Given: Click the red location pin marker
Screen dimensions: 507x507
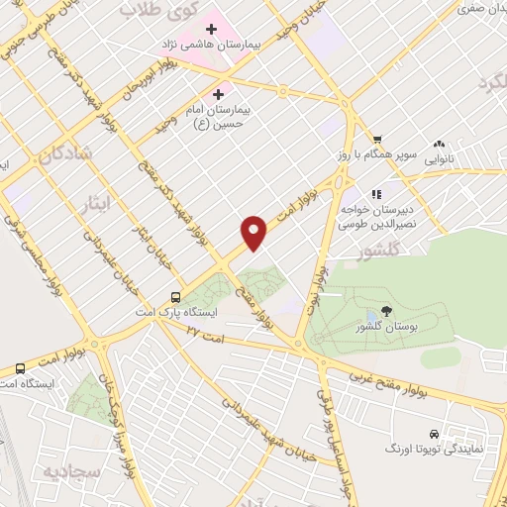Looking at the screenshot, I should pyautogui.click(x=255, y=231).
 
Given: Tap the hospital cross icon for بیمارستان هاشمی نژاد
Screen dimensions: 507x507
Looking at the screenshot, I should pyautogui.click(x=212, y=29).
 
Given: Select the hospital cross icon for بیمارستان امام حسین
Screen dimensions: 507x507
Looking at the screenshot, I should pyautogui.click(x=218, y=94).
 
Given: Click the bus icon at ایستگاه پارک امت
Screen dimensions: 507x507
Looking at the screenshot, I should pyautogui.click(x=175, y=296).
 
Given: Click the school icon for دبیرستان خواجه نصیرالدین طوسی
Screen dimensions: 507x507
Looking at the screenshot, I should pyautogui.click(x=375, y=195).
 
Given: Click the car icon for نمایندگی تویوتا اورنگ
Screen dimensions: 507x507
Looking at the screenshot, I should pyautogui.click(x=435, y=434).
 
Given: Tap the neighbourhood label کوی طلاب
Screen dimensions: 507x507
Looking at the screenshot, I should pyautogui.click(x=159, y=10).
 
